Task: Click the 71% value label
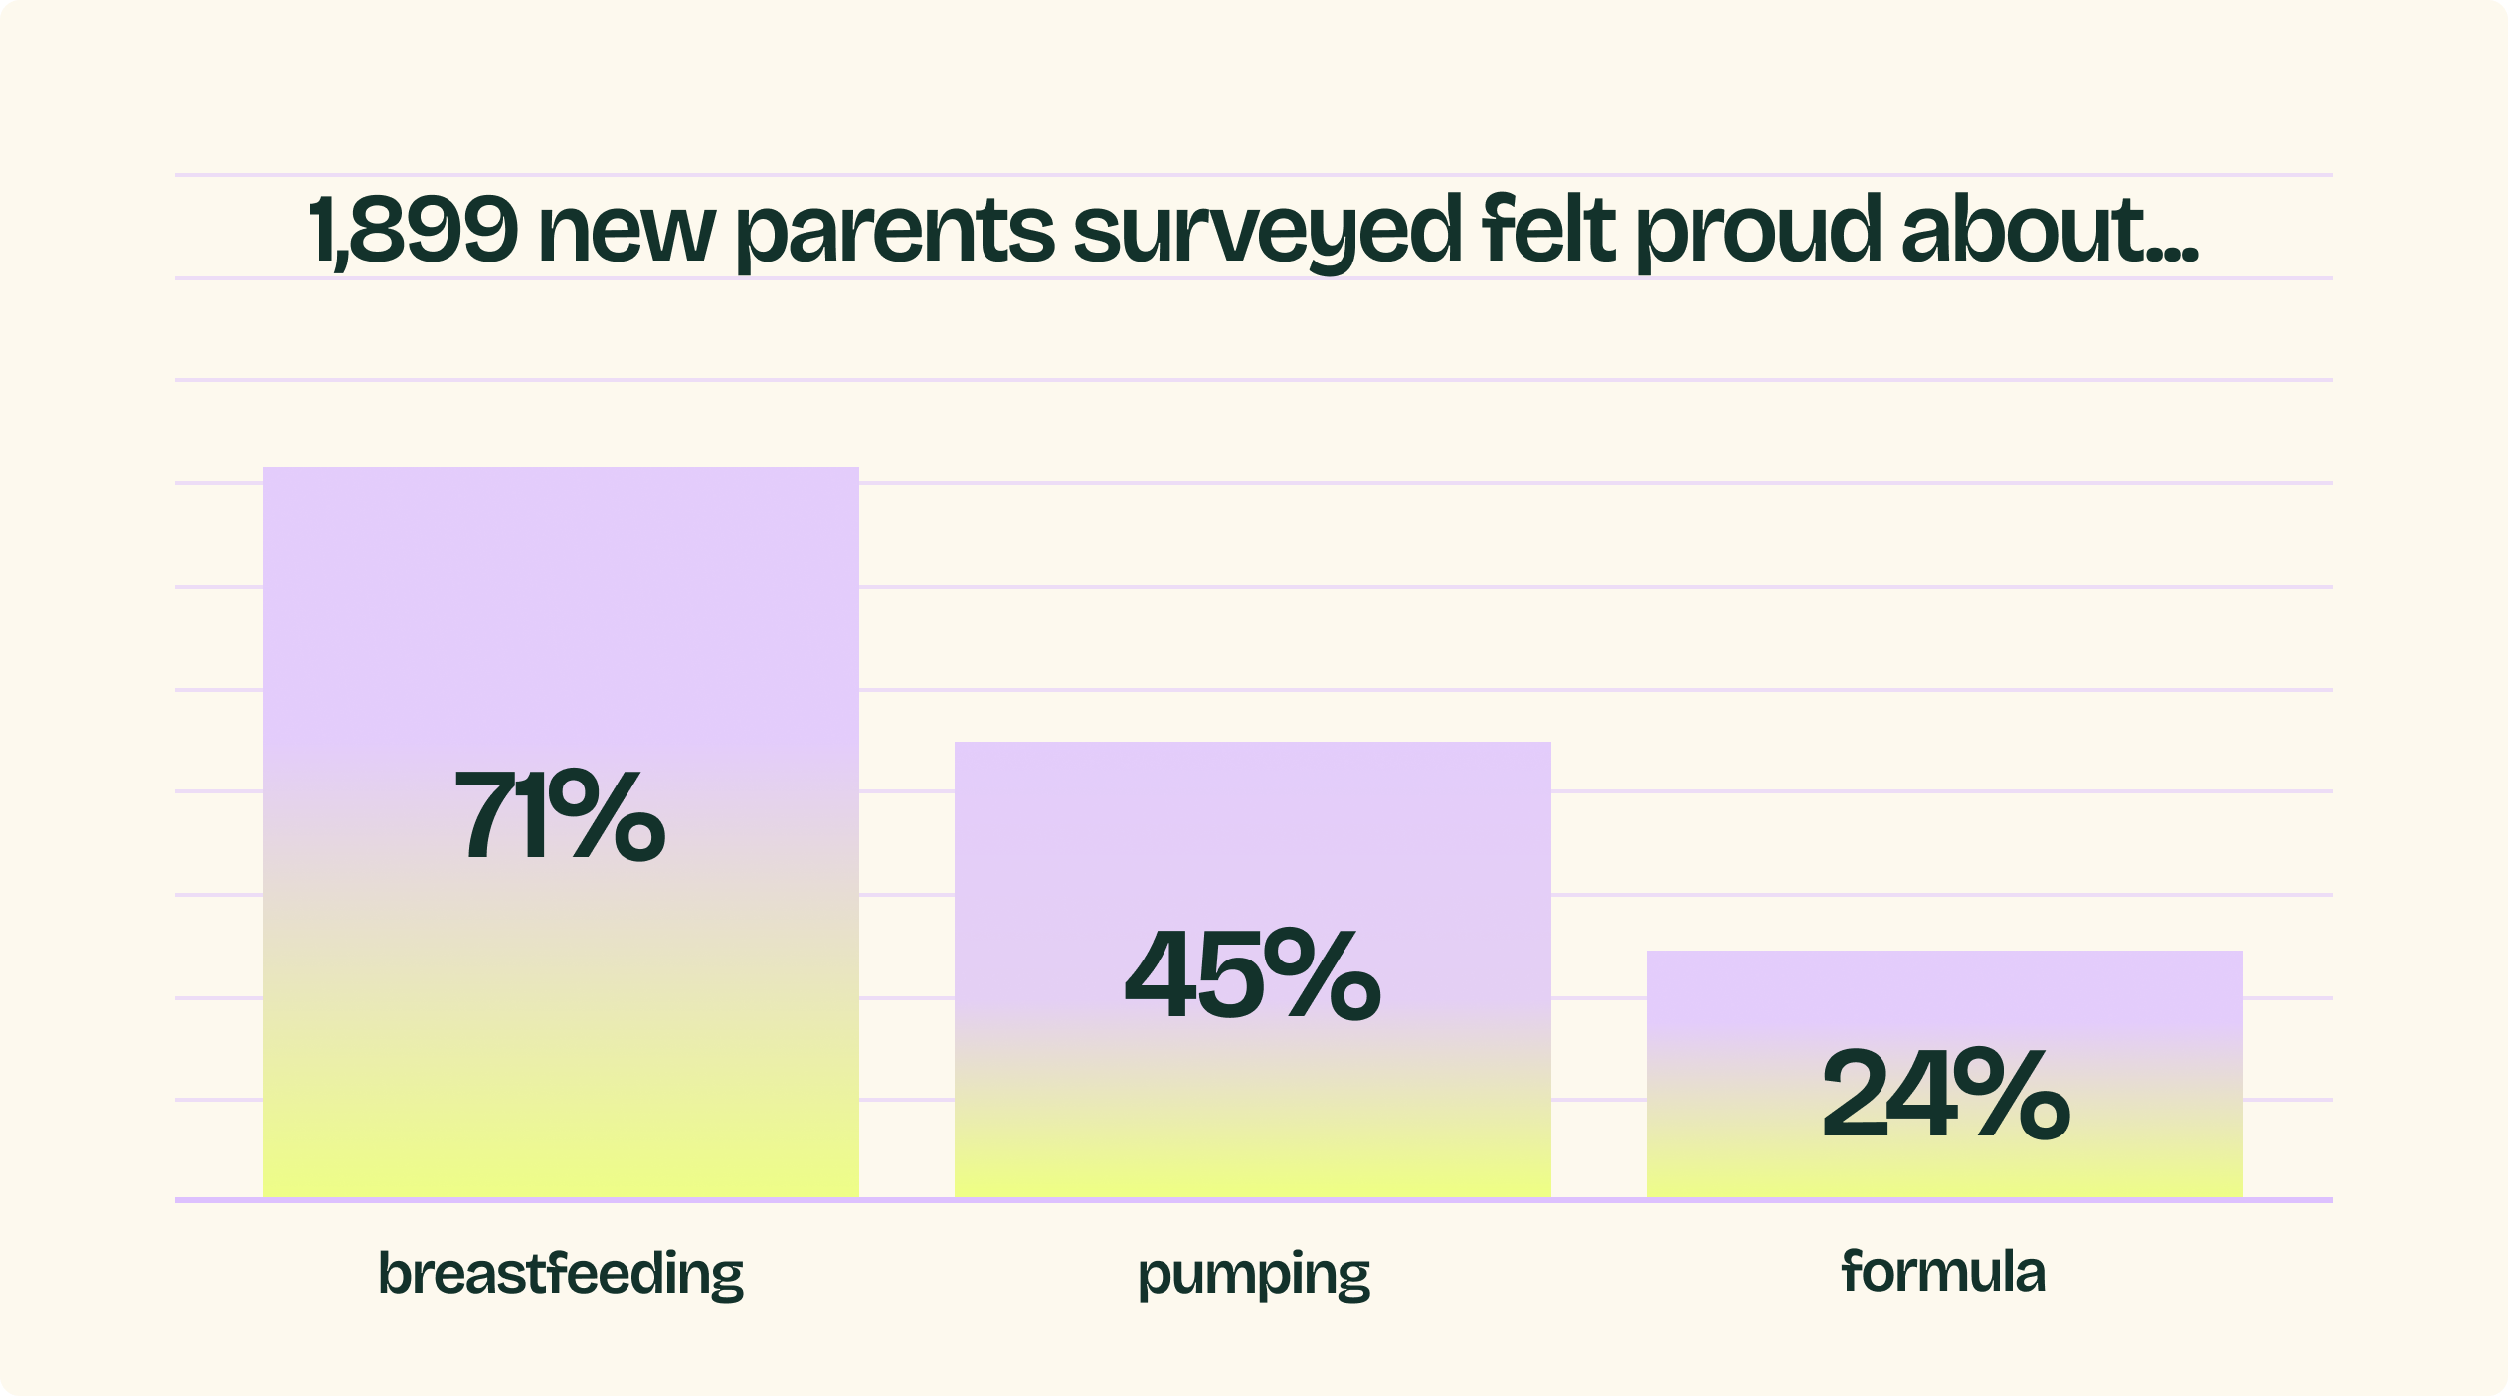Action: coord(560,815)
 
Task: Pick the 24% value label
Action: coord(1945,1094)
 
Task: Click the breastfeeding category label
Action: coord(561,1273)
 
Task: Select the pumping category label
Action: coord(1253,1275)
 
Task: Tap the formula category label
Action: coord(1943,1271)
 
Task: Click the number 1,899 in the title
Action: coord(413,231)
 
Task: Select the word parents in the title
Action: coord(895,237)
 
